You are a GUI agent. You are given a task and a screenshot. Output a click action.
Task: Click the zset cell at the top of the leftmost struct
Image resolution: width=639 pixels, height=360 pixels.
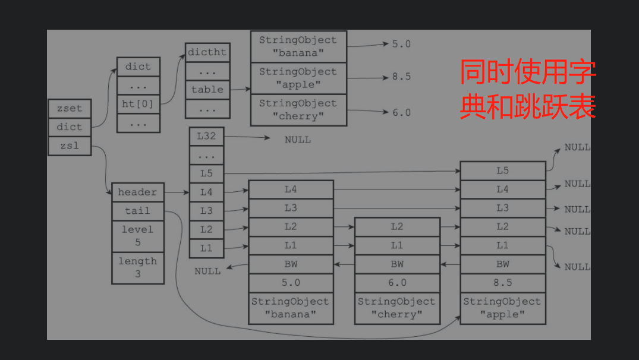70,109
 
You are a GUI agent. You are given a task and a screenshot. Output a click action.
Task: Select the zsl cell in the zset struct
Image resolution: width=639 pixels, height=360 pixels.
70,146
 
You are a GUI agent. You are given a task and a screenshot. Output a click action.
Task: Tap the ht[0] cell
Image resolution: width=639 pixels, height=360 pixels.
138,103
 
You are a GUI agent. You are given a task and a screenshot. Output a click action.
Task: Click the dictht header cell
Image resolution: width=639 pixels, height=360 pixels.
207,52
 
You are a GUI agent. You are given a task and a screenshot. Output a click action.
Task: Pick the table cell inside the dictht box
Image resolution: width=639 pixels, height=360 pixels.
207,90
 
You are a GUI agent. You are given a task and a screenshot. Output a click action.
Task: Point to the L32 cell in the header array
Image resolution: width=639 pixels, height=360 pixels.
206,136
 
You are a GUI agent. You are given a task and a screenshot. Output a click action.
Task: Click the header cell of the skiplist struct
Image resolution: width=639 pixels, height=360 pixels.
137,192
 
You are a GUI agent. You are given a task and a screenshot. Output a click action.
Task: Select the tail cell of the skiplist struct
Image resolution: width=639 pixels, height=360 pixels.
137,211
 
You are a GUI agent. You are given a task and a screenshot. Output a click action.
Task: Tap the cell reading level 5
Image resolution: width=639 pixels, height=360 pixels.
137,236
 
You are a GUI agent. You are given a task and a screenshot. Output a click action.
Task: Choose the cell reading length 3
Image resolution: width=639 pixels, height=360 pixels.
137,268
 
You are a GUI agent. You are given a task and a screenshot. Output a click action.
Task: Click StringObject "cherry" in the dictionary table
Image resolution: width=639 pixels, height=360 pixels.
298,110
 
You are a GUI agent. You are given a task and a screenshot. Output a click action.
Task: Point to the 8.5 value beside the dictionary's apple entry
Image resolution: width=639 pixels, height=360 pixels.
401,77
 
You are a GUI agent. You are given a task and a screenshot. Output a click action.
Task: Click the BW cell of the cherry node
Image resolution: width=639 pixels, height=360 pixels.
397,264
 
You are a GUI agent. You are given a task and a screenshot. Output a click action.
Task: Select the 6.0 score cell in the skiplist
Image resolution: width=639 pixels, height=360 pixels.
397,283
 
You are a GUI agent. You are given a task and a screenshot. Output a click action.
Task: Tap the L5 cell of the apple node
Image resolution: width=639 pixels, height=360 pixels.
503,171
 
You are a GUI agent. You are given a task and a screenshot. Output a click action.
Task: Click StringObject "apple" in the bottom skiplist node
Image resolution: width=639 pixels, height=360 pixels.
503,308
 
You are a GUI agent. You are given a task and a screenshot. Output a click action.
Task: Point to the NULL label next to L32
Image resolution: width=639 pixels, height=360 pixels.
298,140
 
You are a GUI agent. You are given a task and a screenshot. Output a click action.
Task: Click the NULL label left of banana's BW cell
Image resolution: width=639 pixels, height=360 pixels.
207,271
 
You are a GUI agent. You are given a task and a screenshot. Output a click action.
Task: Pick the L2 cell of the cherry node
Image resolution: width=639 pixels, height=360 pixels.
397,227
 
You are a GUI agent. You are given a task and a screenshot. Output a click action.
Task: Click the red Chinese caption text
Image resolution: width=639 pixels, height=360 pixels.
528,90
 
